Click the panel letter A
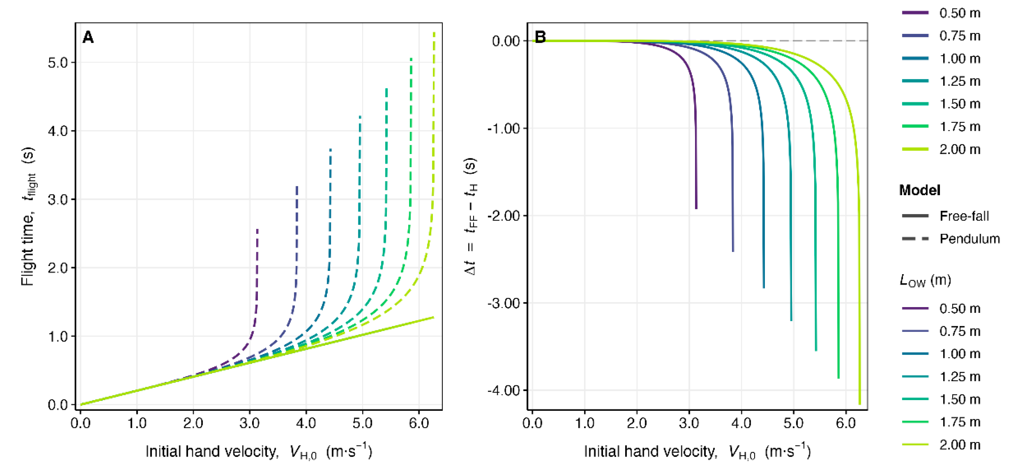coord(88,38)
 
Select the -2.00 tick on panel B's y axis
coord(503,216)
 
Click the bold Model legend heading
coord(919,191)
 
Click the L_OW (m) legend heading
coord(925,281)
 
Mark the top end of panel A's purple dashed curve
coord(257,229)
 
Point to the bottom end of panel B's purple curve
coord(696,208)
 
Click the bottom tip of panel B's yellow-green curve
coord(860,404)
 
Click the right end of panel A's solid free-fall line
coord(433,317)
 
